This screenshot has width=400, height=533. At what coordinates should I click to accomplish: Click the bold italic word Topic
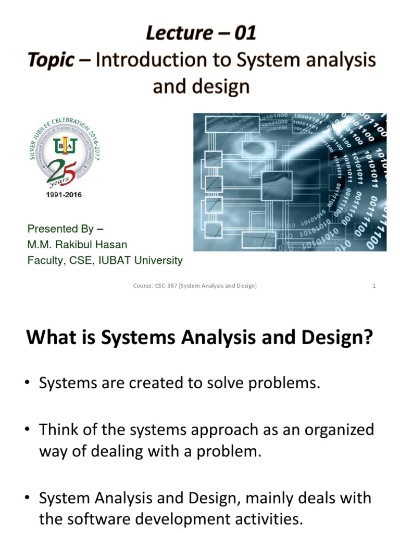(x=51, y=60)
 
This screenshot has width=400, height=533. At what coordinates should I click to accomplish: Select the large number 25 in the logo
(x=64, y=169)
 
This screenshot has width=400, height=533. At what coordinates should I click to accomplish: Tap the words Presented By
(x=60, y=229)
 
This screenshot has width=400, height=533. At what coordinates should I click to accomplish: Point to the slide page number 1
(x=374, y=285)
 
